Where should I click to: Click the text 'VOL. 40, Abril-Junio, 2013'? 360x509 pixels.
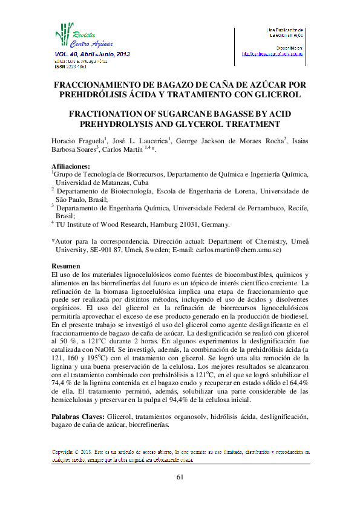pyautogui.click(x=92, y=54)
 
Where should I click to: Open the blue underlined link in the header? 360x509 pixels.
pyautogui.click(x=272, y=53)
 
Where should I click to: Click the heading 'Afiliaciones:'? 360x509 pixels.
pyautogui.click(x=71, y=166)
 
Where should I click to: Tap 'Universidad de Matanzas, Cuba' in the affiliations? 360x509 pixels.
pyautogui.click(x=104, y=182)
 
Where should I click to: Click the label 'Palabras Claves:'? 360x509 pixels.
pyautogui.click(x=79, y=417)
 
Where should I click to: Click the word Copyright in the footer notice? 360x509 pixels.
pyautogui.click(x=66, y=452)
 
